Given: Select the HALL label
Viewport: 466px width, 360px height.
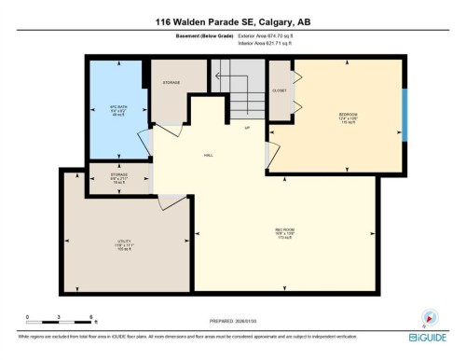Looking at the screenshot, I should [211, 156].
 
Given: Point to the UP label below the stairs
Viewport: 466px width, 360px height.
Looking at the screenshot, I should [247, 128].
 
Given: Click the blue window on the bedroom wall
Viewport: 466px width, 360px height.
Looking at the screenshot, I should [404, 114].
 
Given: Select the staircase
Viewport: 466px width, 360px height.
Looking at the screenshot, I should [238, 93].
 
